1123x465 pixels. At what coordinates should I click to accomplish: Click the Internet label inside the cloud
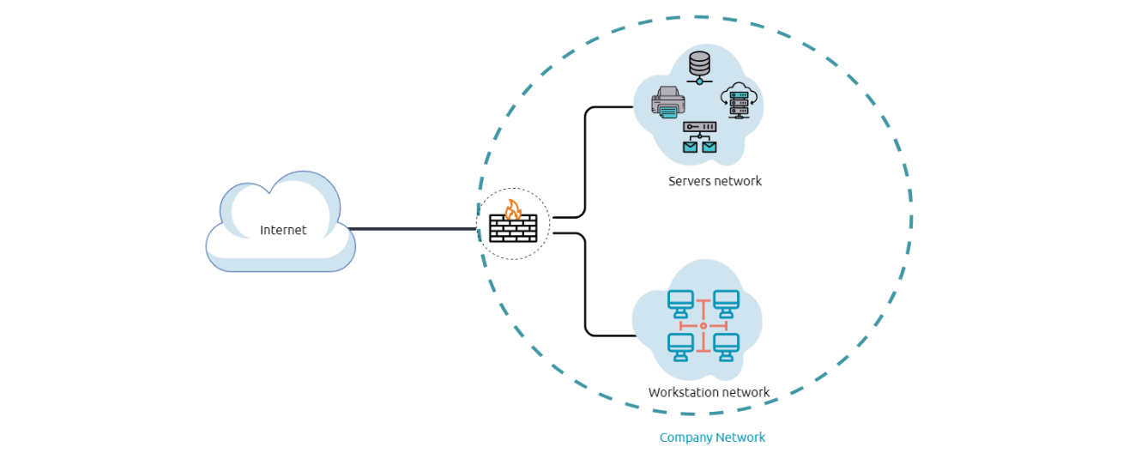pos(283,230)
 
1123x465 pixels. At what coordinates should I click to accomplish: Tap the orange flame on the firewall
pos(512,209)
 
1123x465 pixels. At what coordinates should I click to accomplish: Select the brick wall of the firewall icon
pos(513,229)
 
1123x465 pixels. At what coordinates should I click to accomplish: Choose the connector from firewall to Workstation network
pos(585,283)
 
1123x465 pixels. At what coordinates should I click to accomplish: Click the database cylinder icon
pos(699,63)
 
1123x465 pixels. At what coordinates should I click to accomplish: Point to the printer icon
pos(667,102)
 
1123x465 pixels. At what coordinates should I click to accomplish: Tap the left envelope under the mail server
pos(690,147)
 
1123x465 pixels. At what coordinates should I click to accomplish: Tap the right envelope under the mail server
pos(709,147)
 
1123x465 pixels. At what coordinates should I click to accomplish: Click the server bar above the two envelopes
pos(699,127)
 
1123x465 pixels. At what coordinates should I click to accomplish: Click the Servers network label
pos(715,181)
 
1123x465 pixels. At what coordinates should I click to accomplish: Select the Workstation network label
pos(709,393)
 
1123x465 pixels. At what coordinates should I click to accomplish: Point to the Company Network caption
pos(712,438)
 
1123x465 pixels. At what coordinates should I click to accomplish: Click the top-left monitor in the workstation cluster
pos(680,302)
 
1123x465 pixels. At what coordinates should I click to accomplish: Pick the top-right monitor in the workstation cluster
pos(726,302)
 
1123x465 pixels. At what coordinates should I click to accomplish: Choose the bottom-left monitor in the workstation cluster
pos(680,347)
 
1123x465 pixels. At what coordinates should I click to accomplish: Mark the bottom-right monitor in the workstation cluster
pos(726,347)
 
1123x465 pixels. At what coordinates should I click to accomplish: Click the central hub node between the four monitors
pos(703,326)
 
